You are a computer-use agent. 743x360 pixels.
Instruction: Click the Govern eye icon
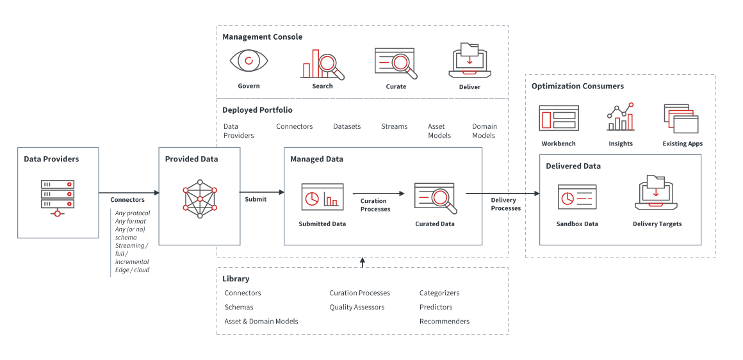[x=249, y=61]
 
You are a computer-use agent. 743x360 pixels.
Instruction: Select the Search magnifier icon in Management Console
[x=322, y=64]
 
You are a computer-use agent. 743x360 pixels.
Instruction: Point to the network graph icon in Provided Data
[x=200, y=199]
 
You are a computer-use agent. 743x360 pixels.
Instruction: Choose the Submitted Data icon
[x=322, y=197]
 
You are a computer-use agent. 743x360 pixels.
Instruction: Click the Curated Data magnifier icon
[x=435, y=198]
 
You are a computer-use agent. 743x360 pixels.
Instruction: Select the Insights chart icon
[x=620, y=117]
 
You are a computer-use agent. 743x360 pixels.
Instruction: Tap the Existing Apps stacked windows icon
[x=682, y=119]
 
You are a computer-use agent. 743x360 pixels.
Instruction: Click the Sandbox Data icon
[x=577, y=197]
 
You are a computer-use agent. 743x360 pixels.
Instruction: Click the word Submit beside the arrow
[x=256, y=199]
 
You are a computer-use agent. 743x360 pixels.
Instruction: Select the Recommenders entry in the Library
[x=445, y=322]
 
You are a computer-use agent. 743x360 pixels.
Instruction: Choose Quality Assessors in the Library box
[x=357, y=307]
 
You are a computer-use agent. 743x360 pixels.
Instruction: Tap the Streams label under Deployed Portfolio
[x=394, y=127]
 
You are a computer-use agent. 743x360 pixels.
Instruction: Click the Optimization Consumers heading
[x=577, y=86]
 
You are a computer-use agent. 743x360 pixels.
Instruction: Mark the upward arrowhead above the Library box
[x=362, y=261]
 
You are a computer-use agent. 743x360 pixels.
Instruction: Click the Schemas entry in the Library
[x=238, y=307]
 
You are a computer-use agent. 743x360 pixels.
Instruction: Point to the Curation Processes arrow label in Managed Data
[x=375, y=205]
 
